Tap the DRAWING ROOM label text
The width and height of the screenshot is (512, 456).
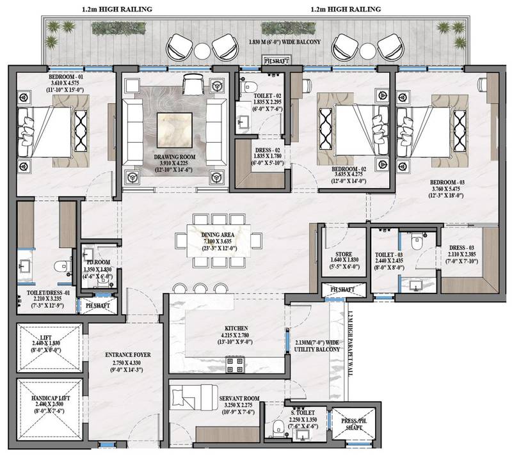coord(170,157)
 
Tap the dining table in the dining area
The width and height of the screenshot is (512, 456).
coord(220,240)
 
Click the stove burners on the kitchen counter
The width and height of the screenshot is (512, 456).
coord(234,365)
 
